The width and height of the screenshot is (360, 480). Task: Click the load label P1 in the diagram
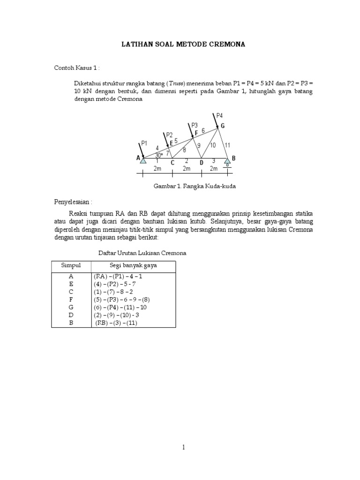coord(143,143)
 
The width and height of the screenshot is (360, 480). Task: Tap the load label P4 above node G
coord(219,115)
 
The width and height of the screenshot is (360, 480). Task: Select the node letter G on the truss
coord(223,126)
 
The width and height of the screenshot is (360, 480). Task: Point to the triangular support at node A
coord(143,162)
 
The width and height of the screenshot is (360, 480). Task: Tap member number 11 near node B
coord(227,145)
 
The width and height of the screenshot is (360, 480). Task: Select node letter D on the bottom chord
coord(202,162)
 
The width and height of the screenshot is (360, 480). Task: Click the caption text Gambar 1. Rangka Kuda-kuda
coord(195,186)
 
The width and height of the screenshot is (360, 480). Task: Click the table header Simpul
coord(71,266)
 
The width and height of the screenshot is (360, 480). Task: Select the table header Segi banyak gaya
coord(133,266)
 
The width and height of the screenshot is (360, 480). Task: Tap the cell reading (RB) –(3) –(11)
coord(116,323)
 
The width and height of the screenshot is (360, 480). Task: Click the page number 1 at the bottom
coord(184,447)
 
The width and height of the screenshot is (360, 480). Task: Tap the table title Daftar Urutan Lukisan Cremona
coord(142,253)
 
